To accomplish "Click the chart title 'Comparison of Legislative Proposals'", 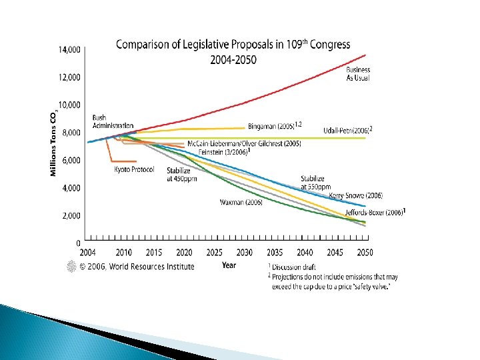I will click(233, 45).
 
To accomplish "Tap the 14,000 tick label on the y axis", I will click(69, 50).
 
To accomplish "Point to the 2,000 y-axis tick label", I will click(71, 216).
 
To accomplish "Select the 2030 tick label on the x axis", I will click(244, 252).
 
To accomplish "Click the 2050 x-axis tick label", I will click(365, 252).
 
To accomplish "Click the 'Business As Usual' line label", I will click(358, 74).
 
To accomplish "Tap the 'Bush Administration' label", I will click(112, 122).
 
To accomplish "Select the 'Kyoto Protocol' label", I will click(134, 170).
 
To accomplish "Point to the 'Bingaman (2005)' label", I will click(274, 125).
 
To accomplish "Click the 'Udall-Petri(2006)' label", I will click(347, 131).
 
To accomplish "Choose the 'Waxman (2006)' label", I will click(241, 202).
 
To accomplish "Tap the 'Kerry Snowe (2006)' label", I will click(356, 196).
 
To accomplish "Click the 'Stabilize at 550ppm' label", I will click(313, 183).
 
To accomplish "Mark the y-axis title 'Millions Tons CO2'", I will click(53, 144).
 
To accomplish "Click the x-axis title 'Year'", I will click(229, 265).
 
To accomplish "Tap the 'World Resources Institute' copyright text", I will click(137, 267).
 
